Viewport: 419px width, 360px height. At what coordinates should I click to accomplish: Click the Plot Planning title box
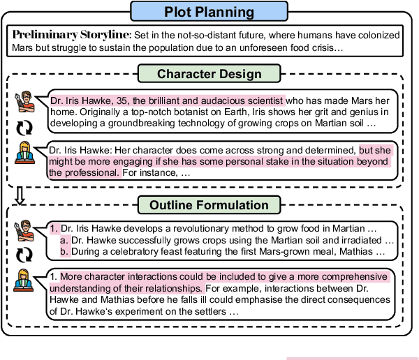(x=209, y=13)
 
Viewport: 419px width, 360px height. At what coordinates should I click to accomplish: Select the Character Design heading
(x=209, y=74)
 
